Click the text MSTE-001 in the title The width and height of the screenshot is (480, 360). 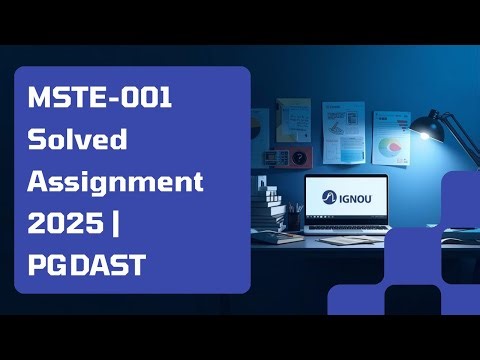[100, 99]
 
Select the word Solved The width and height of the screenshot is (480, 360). [77, 139]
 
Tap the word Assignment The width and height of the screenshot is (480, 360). [115, 182]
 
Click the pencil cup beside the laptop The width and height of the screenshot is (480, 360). [295, 218]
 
